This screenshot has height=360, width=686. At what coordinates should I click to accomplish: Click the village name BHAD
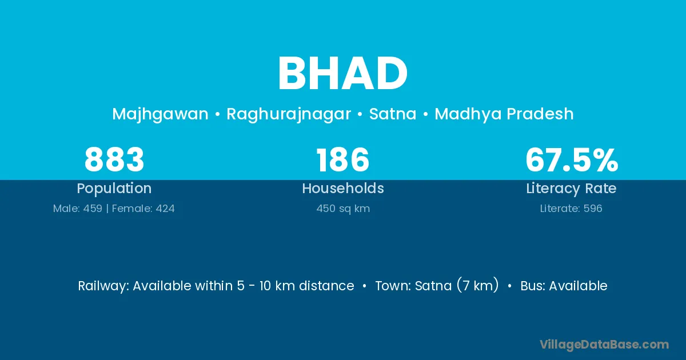tap(342, 73)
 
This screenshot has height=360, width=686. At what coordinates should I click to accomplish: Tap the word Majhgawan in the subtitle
tap(160, 114)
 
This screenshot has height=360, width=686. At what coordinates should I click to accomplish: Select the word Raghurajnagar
tap(289, 114)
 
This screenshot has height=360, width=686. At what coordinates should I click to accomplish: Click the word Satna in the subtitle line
tap(393, 114)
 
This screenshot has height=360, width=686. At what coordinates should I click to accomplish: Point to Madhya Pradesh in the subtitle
tap(504, 114)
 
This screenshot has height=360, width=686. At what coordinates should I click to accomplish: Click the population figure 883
tap(114, 159)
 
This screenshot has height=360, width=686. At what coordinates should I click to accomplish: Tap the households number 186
tap(342, 159)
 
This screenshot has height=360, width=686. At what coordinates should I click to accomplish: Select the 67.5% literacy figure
tap(572, 159)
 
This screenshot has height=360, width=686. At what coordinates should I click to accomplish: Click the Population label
tap(114, 189)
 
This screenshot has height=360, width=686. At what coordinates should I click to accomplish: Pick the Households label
tap(343, 188)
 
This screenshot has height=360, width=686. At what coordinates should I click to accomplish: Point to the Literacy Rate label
tap(571, 189)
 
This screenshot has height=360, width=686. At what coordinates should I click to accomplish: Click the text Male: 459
tap(78, 209)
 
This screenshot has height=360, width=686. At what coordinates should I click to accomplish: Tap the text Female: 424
tap(143, 209)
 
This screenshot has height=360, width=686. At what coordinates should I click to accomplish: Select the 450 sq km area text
tap(343, 209)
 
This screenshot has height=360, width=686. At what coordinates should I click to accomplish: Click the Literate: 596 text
tap(571, 209)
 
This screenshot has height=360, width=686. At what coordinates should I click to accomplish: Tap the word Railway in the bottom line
tap(103, 286)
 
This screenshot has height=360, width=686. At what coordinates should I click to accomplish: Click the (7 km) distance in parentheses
tap(477, 285)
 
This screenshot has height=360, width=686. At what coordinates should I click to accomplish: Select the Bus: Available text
tap(564, 286)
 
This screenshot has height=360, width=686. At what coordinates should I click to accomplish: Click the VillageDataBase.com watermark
tap(604, 345)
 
